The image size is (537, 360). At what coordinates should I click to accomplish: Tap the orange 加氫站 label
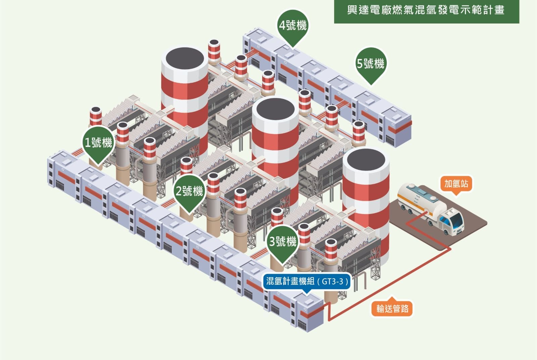456,184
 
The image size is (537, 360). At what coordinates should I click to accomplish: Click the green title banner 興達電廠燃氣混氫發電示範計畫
427,11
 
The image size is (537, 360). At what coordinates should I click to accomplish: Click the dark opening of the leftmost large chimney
185,58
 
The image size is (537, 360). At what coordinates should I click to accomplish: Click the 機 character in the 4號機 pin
302,25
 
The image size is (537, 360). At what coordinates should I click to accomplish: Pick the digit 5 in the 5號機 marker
359,64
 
